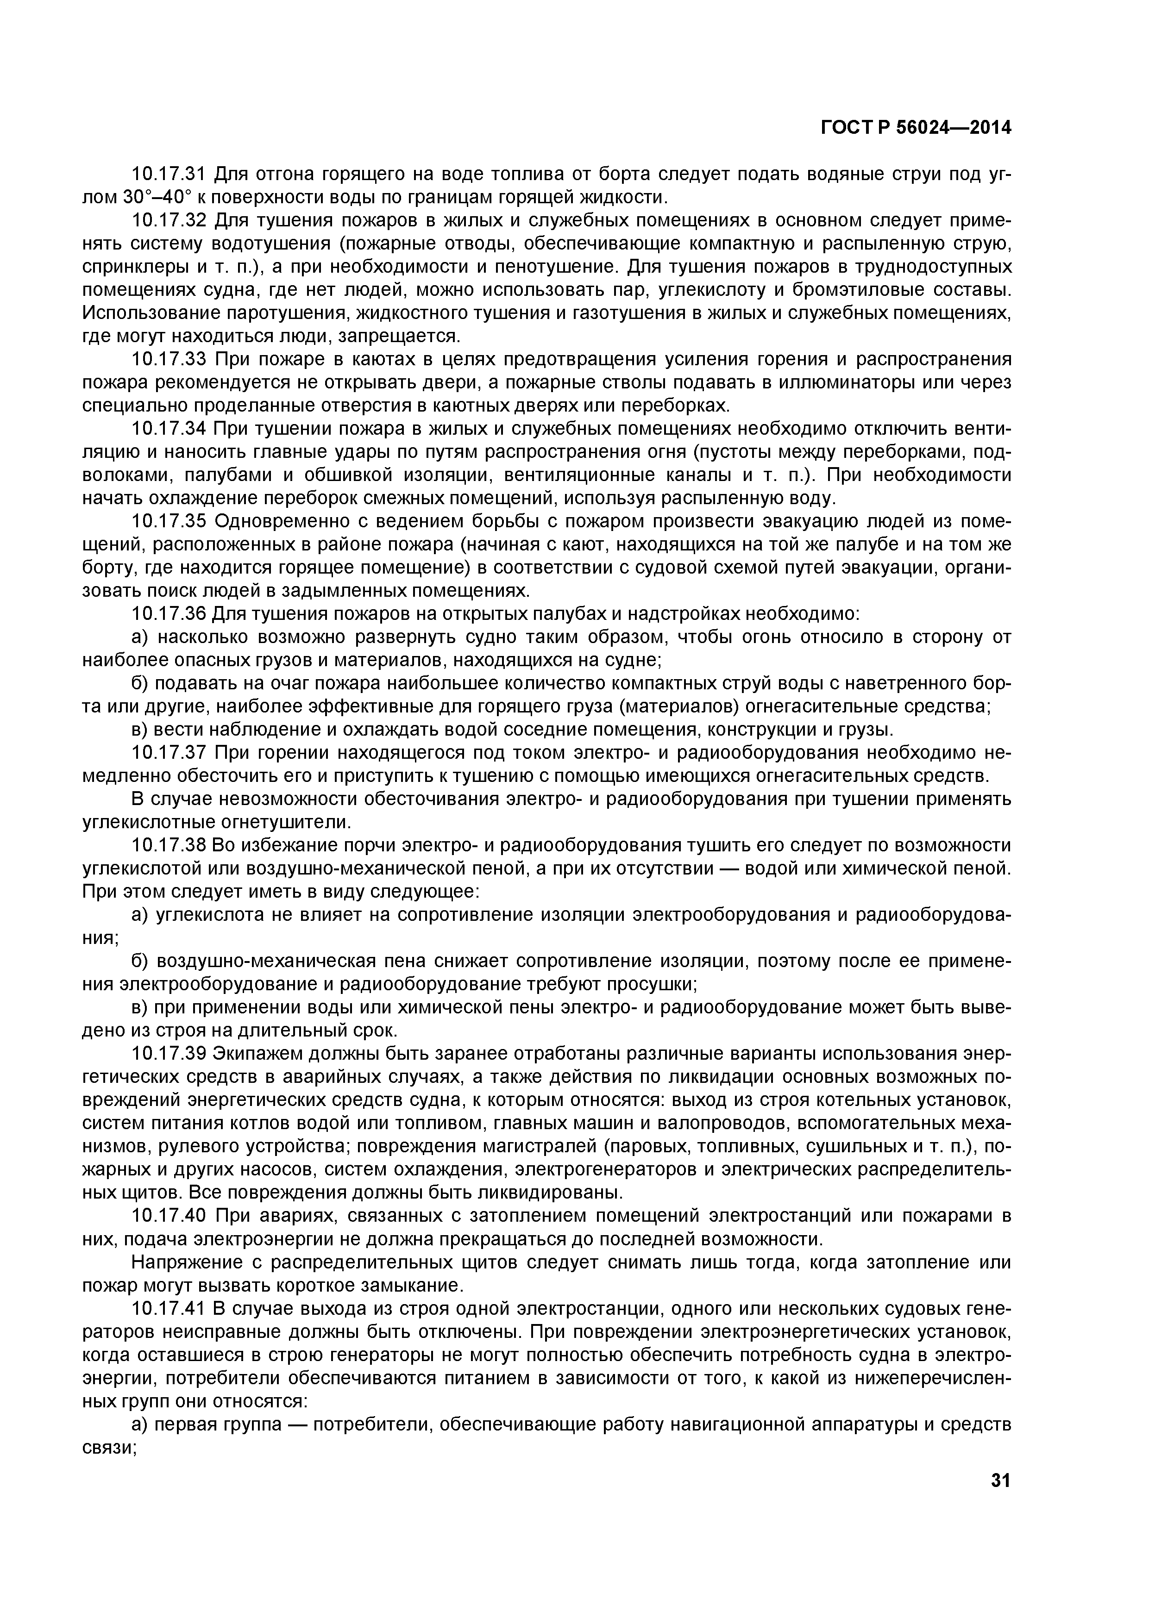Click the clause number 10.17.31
tap(169, 173)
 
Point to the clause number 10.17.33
tap(169, 359)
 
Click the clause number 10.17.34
tap(169, 429)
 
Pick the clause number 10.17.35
tap(169, 521)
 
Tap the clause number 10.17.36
tap(169, 614)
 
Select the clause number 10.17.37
tap(169, 753)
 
